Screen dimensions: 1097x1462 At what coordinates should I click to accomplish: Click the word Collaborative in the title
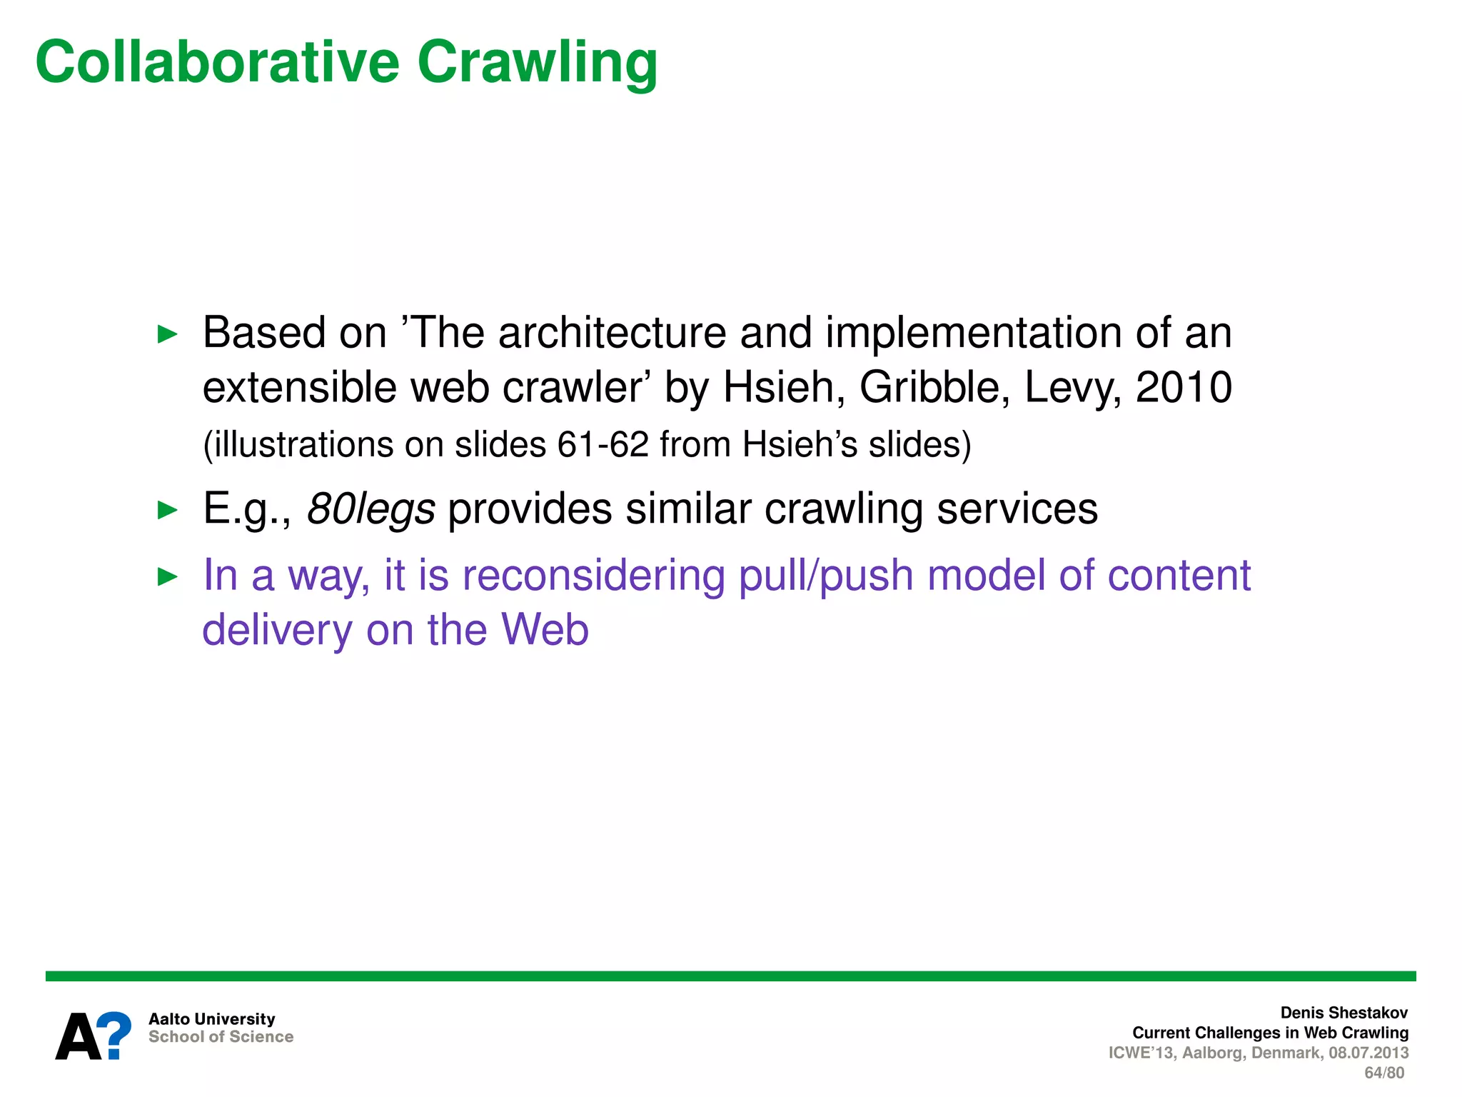[218, 62]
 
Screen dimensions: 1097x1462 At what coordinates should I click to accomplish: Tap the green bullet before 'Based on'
[167, 334]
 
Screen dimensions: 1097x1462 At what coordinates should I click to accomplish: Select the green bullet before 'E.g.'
[167, 510]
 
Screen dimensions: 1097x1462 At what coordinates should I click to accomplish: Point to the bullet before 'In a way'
[167, 576]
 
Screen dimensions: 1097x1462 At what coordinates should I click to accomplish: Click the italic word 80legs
[370, 509]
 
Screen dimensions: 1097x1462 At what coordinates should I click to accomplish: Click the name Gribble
[934, 388]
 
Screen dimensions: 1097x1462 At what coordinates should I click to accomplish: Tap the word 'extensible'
[299, 388]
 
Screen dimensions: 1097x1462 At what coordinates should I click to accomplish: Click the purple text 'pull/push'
[826, 576]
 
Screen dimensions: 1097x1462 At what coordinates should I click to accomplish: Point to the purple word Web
[545, 630]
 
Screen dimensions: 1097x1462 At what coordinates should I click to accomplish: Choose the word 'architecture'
[612, 333]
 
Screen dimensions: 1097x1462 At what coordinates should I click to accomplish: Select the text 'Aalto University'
[211, 1018]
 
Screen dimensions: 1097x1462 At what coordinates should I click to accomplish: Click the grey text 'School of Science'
[221, 1037]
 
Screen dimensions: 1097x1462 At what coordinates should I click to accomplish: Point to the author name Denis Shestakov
[1343, 1013]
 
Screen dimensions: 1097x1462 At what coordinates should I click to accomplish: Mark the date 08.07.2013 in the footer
[1368, 1053]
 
